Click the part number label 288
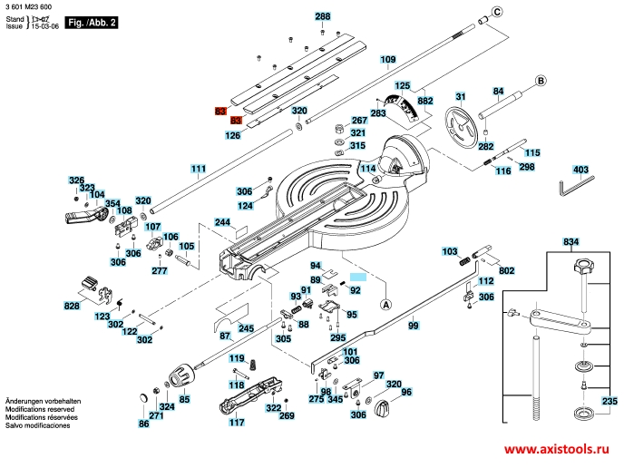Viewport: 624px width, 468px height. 323,16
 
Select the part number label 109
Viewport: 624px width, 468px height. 388,60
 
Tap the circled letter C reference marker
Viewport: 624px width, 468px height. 496,11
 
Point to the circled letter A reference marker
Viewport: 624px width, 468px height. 385,306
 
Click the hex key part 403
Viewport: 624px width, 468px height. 573,185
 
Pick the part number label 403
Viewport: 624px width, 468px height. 580,169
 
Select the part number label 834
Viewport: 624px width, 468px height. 570,242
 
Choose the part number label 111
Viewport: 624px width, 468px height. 198,169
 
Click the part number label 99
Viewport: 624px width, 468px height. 413,325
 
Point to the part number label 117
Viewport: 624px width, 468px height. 237,422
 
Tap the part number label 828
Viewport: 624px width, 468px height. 72,307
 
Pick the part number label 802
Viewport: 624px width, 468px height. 506,270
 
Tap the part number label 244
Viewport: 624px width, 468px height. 222,222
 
